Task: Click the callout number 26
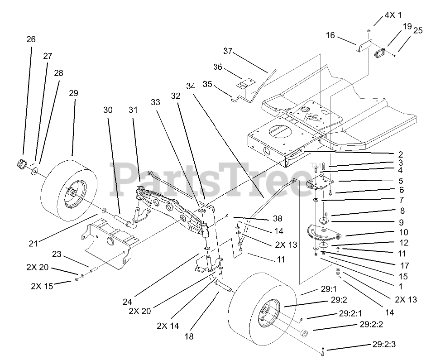[31, 39]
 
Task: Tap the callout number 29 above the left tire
[73, 93]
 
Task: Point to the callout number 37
[228, 51]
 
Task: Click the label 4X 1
[393, 15]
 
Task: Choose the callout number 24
[128, 301]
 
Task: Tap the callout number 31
[133, 110]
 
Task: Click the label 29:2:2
[371, 324]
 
